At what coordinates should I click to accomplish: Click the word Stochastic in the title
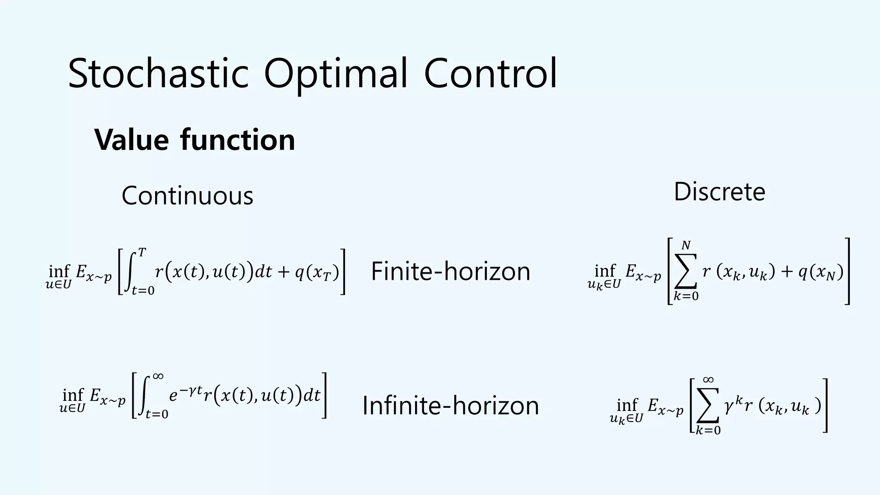(158, 73)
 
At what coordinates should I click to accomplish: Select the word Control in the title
(490, 73)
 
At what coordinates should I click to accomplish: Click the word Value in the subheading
(131, 140)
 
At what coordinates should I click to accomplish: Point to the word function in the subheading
(238, 140)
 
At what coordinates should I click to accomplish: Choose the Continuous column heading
(187, 196)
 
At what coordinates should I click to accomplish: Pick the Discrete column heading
(719, 192)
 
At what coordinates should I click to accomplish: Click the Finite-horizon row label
(450, 272)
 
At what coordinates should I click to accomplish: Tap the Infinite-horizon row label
(450, 406)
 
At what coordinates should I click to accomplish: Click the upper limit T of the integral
(142, 253)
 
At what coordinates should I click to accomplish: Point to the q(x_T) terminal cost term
(317, 272)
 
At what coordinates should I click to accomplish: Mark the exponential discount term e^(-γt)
(185, 394)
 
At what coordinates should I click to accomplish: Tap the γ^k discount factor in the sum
(733, 404)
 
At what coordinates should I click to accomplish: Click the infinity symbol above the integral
(158, 376)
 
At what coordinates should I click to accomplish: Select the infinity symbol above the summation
(708, 379)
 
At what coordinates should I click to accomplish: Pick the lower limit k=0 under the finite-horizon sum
(686, 296)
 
